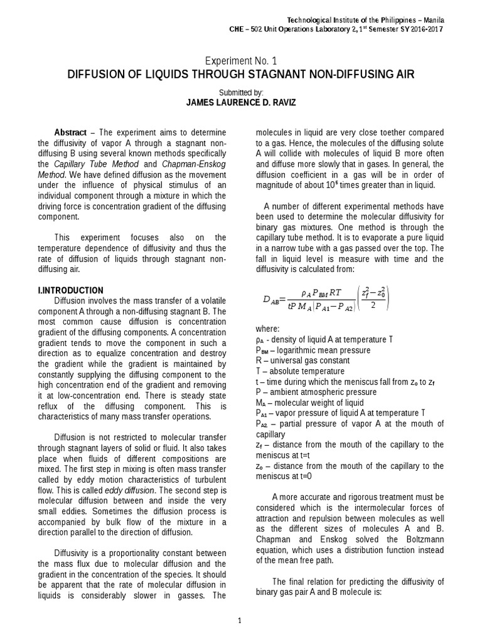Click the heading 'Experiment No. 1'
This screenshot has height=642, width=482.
240,60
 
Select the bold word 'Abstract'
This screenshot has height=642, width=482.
71,133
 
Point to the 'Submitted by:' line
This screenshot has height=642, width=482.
241,92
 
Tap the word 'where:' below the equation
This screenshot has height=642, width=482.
269,329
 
